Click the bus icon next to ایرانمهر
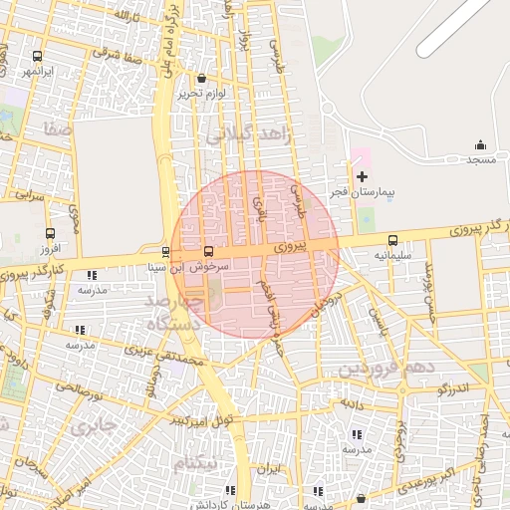[38, 57]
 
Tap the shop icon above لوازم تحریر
[202, 78]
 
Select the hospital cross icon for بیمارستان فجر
[362, 175]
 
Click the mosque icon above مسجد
[481, 144]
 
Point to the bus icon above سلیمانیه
[392, 240]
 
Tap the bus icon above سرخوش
[208, 252]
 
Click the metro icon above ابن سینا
[165, 252]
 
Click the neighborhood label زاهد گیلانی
[248, 135]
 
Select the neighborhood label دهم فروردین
[387, 368]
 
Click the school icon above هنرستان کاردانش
[231, 490]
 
